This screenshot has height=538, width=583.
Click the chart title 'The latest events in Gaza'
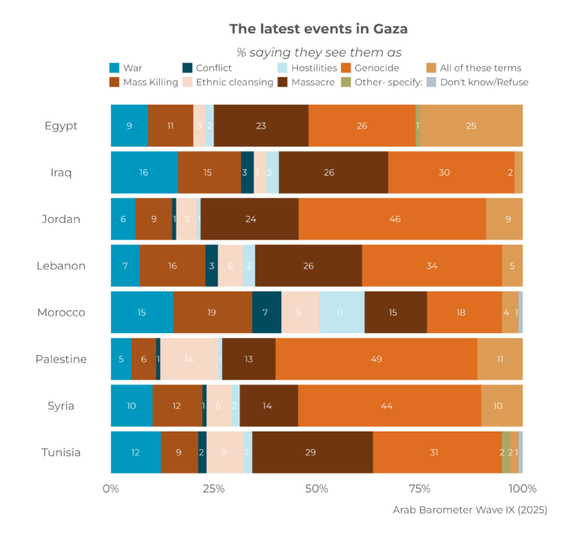tap(318, 29)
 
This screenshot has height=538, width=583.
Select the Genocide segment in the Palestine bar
tap(377, 359)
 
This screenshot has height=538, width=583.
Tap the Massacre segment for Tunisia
tap(312, 452)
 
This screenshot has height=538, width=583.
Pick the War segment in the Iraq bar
tap(143, 173)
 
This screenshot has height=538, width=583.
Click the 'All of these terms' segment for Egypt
tap(471, 125)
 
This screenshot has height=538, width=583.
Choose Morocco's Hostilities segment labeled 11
tap(341, 313)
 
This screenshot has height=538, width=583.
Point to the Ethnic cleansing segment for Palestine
tap(189, 359)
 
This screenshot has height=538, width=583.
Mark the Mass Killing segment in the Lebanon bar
tap(173, 266)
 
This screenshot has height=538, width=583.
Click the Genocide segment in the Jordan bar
tap(392, 219)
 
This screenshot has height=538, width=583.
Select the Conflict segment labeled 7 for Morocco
tap(266, 313)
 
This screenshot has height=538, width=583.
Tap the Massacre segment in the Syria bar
tap(269, 406)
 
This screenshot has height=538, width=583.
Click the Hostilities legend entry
tap(306, 68)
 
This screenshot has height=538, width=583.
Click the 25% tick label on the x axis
tap(214, 488)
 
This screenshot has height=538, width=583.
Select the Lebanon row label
tap(61, 266)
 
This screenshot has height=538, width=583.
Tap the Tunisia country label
tap(61, 452)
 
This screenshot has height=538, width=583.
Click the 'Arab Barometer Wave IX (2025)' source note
tap(470, 510)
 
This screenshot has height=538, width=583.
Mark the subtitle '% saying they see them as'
tap(318, 52)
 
